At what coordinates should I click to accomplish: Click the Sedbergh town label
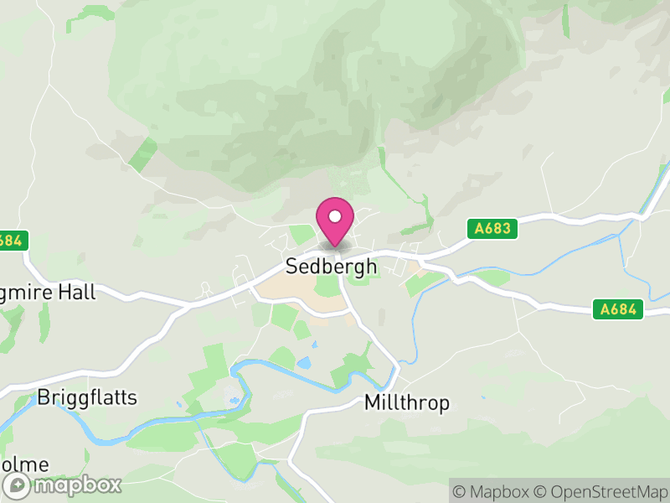[x=331, y=267]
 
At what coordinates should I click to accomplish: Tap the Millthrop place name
[x=407, y=403]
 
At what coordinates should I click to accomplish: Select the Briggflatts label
[x=87, y=397]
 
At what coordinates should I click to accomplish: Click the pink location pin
[x=335, y=222]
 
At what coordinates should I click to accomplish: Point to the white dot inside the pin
[x=335, y=216]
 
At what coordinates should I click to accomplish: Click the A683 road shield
[x=491, y=227]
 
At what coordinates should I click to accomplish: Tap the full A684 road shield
[x=619, y=309]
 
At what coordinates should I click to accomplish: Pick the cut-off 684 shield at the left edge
[x=13, y=240]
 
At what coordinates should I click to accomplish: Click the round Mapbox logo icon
[x=18, y=485]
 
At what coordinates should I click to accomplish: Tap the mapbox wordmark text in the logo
[x=75, y=485]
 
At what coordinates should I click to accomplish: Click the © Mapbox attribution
[x=494, y=490]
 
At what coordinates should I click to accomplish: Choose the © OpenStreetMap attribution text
[x=602, y=490]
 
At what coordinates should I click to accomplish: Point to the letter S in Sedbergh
[x=291, y=267]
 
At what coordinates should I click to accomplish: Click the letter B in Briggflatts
[x=44, y=397]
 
